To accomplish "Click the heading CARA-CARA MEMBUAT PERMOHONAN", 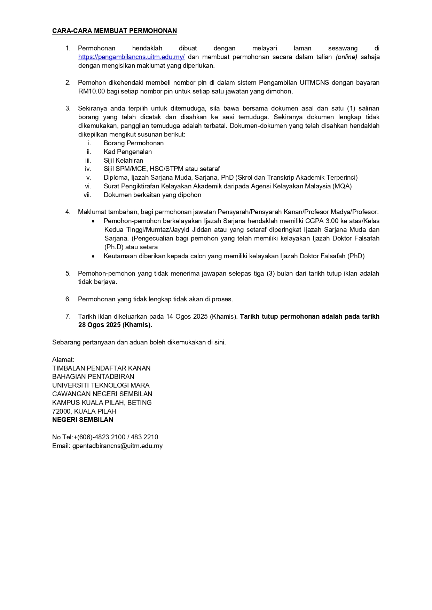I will [x=115, y=31].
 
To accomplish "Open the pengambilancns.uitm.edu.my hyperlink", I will [x=131, y=57].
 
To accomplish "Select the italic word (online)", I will [x=346, y=57].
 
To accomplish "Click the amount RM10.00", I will [x=91, y=91].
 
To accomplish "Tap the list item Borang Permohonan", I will [x=134, y=143].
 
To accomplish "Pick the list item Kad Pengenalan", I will [x=128, y=152].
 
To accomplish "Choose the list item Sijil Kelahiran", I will [x=123, y=161].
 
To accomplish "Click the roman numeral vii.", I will [x=87, y=195].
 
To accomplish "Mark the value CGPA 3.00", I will [x=322, y=221].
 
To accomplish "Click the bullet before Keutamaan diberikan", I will [x=93, y=257].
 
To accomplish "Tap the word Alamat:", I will [x=63, y=360].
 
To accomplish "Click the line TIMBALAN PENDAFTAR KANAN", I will [x=101, y=368].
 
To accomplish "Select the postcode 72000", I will [x=62, y=411].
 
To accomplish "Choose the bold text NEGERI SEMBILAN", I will [x=83, y=420].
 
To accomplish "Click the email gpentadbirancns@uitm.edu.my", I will [x=117, y=446].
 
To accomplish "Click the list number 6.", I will [x=68, y=299].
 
